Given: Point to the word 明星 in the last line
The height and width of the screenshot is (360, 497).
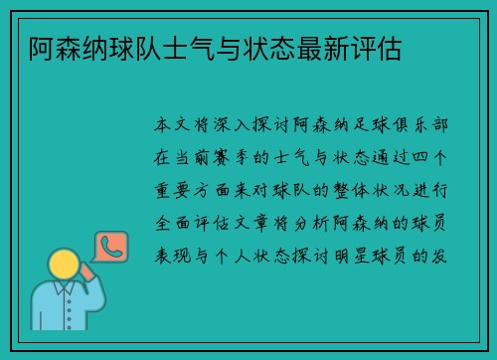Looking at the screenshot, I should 355,256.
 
